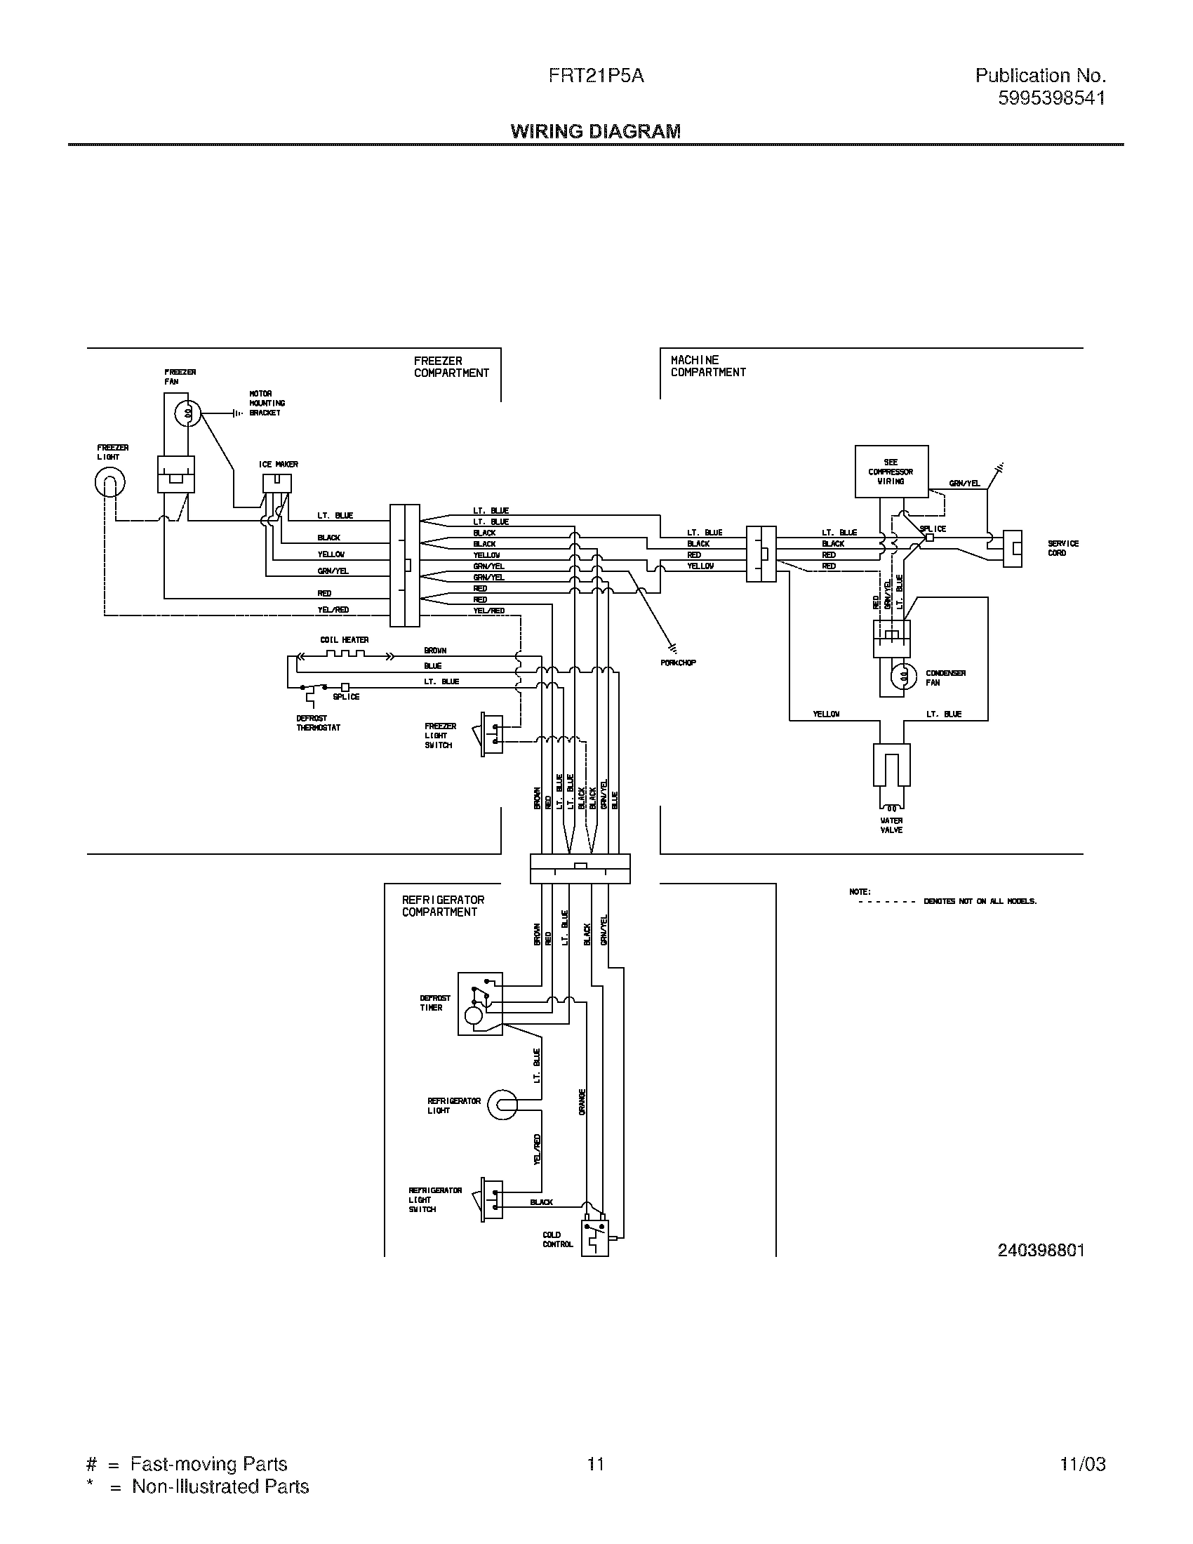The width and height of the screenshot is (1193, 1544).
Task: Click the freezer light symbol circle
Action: [x=109, y=483]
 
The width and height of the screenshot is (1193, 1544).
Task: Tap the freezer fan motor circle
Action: [x=188, y=414]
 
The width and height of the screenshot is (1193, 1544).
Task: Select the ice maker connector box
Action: [x=276, y=483]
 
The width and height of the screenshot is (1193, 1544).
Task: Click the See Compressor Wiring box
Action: [x=891, y=472]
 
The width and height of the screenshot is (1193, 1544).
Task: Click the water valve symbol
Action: [x=891, y=767]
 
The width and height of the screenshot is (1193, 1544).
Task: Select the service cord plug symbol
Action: [x=1013, y=548]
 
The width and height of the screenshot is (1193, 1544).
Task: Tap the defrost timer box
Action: [x=480, y=1004]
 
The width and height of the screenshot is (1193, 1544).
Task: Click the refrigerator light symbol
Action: [x=503, y=1105]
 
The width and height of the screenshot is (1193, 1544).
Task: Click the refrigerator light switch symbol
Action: [x=492, y=1199]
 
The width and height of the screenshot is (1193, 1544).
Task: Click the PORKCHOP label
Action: [x=678, y=663]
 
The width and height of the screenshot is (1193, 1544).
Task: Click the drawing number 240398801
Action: [x=1040, y=1250]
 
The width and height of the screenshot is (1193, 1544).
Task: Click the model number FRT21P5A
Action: [x=596, y=76]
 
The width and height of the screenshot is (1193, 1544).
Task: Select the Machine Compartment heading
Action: [x=707, y=366]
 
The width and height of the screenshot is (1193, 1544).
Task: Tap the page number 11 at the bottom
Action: [x=596, y=1463]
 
